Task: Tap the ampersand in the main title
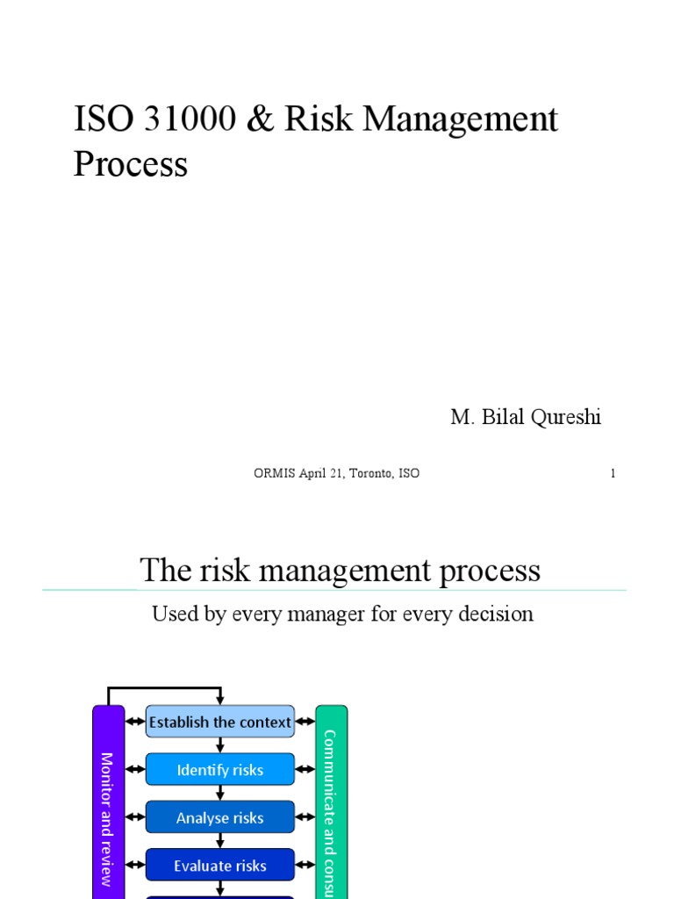tap(260, 120)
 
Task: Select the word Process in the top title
tap(130, 164)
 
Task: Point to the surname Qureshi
tap(565, 418)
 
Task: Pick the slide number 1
tap(613, 473)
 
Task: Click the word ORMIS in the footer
tap(271, 473)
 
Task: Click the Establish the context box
tap(219, 722)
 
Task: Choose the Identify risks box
tap(219, 770)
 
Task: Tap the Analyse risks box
tap(219, 817)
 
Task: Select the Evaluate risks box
tap(219, 866)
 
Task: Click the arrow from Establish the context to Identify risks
tap(220, 745)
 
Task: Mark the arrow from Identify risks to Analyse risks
tap(220, 794)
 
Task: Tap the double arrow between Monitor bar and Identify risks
tap(135, 770)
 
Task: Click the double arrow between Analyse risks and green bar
tap(305, 817)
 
